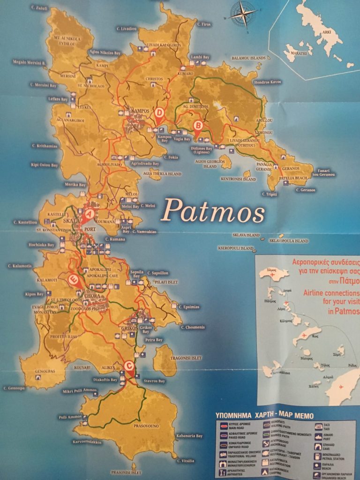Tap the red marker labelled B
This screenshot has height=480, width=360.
coord(198,126)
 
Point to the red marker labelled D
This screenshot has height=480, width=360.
coord(159,113)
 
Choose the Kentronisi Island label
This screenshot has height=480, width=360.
coord(238,179)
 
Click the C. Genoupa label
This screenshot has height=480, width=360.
coord(14,388)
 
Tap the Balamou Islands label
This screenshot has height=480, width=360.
coord(248,58)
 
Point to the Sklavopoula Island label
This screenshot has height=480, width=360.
coord(289,241)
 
